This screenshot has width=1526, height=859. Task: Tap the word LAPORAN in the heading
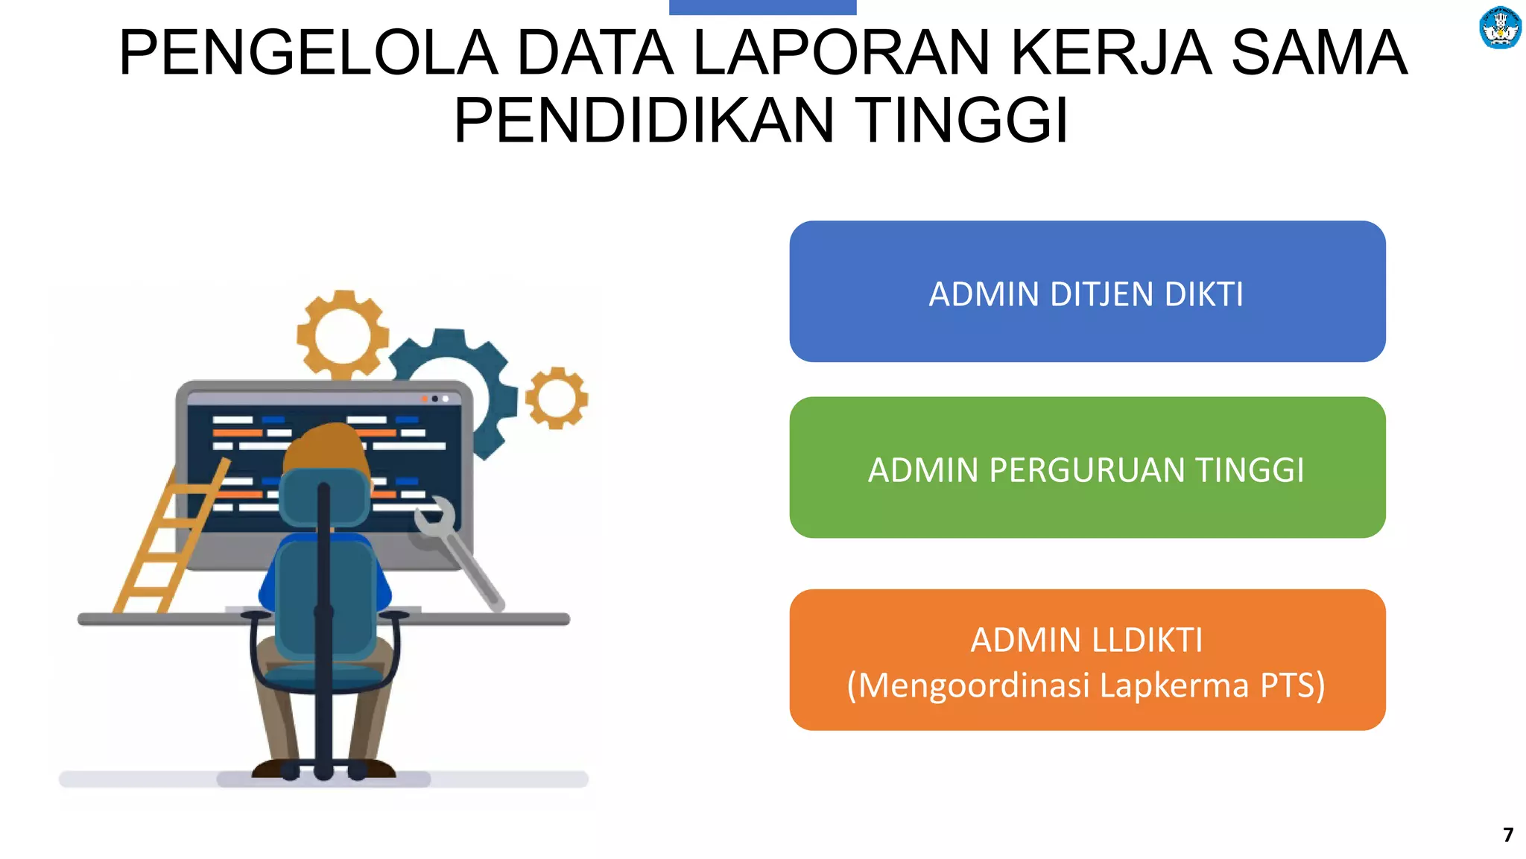click(x=842, y=53)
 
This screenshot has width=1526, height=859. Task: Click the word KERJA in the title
click(x=1110, y=53)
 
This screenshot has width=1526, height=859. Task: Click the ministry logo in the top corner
click(x=1499, y=28)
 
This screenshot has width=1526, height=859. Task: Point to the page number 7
click(x=1507, y=834)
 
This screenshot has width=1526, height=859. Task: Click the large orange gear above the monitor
click(x=343, y=335)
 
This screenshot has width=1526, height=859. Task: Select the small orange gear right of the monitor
click(x=557, y=398)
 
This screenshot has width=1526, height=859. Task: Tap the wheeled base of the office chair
click(x=323, y=770)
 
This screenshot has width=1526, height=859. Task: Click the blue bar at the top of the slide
click(x=762, y=7)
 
